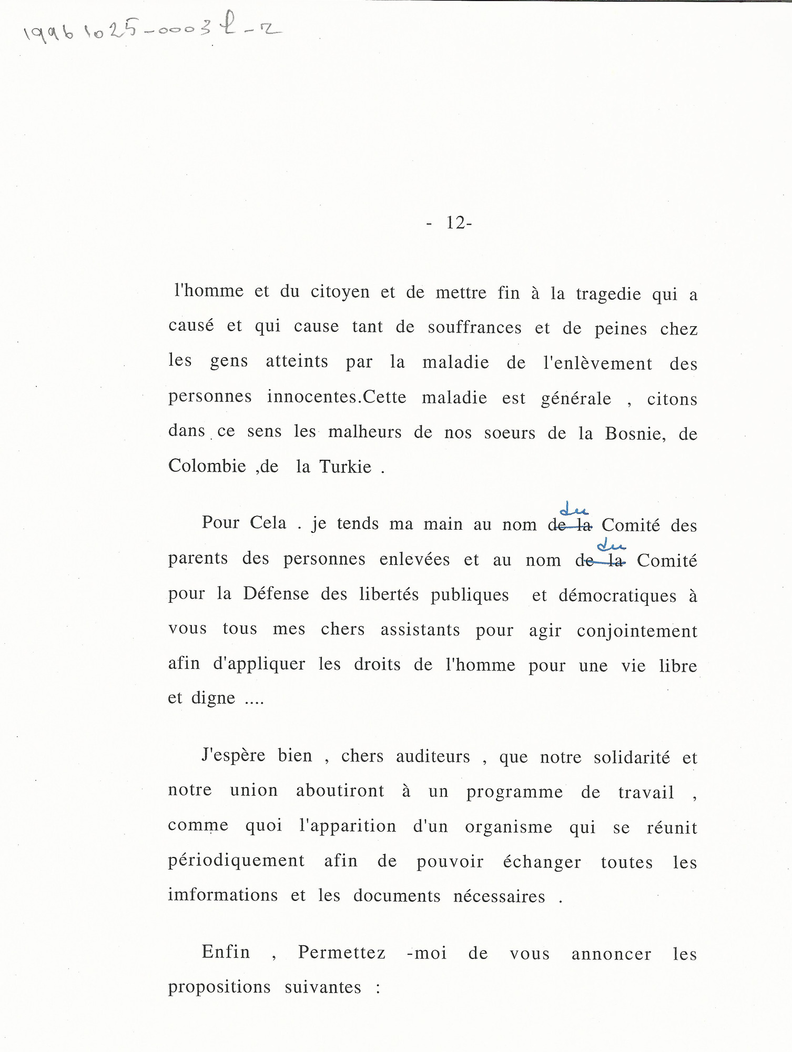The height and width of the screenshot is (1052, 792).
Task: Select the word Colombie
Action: (207, 466)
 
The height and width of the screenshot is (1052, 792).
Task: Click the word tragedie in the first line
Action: (608, 294)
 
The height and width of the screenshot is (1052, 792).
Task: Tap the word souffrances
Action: (474, 328)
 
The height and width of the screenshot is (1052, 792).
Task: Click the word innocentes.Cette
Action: (337, 397)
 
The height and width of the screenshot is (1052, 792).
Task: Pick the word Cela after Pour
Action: (268, 523)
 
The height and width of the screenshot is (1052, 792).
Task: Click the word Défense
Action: (276, 594)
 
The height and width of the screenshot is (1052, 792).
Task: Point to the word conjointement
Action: (637, 631)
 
